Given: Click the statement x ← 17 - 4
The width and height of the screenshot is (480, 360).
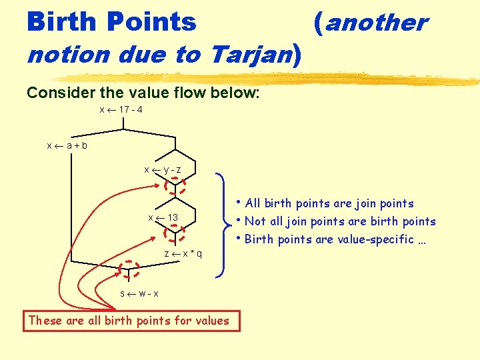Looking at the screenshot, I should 121,109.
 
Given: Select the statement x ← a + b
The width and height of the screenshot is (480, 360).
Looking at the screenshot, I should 67,145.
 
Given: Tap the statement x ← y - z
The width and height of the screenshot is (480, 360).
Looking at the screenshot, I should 163,169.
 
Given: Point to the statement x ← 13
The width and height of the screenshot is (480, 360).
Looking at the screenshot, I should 163,218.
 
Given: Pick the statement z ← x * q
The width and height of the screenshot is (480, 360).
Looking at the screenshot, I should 183,254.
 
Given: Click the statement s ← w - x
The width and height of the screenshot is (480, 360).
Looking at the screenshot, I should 139,293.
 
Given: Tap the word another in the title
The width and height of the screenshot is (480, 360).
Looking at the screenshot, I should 376,22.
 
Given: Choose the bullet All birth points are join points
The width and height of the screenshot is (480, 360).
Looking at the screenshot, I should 329,203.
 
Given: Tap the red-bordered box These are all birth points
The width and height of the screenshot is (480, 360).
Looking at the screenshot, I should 129,321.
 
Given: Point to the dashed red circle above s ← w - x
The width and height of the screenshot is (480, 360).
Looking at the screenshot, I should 129,268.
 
